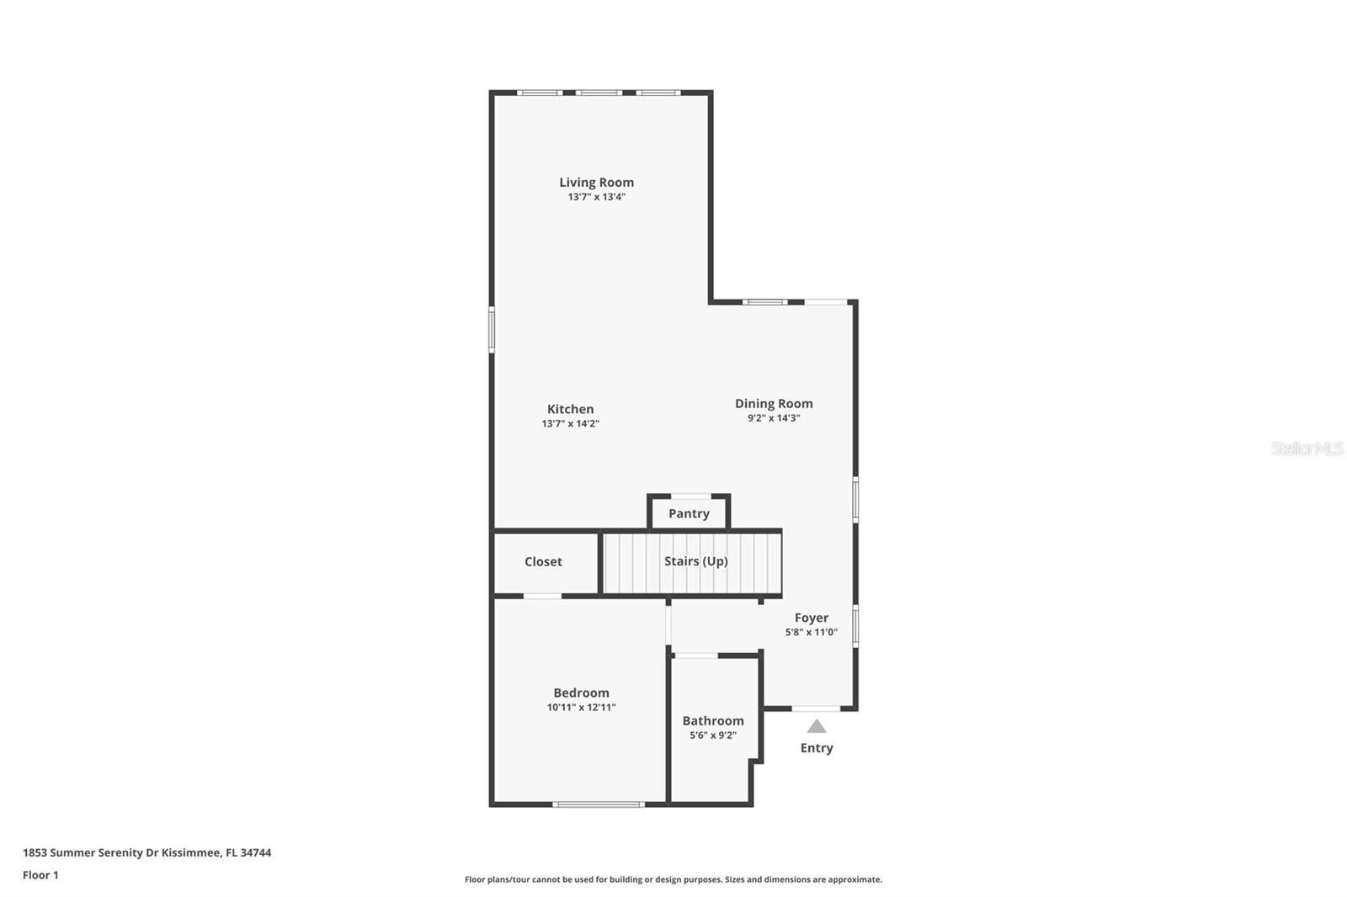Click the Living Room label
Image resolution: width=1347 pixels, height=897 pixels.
596,182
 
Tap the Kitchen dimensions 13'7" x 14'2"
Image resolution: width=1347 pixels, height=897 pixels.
570,424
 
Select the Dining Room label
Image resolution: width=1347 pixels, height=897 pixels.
773,403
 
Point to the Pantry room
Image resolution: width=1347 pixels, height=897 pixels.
689,513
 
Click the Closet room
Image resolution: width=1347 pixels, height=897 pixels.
543,561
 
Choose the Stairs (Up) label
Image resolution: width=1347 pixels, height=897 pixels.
695,561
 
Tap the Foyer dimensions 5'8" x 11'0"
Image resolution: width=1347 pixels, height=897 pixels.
811,632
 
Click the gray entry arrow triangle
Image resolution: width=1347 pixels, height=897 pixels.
817,726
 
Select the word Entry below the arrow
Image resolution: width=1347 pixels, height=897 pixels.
816,748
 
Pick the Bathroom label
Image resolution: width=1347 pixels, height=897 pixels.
712,720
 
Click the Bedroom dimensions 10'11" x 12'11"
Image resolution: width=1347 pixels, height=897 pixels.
581,708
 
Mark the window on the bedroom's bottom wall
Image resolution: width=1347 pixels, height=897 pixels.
599,804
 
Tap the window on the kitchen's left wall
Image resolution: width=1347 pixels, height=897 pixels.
492,328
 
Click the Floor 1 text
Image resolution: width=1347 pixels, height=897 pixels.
40,875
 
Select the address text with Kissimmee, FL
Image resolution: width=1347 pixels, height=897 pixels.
146,852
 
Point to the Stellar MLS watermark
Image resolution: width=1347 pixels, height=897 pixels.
1307,448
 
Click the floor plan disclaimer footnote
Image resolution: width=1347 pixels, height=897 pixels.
673,879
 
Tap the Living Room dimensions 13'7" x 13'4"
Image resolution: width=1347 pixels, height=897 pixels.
596,197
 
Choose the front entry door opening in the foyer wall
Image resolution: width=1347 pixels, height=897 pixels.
816,709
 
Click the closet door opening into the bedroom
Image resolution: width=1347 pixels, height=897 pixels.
542,597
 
